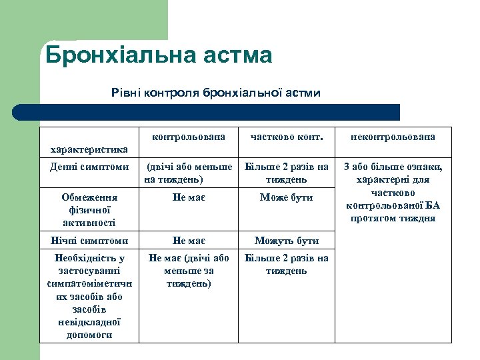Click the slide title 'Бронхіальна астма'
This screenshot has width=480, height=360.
pos(159,55)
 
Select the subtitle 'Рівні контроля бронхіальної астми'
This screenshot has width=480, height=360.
pos(216,93)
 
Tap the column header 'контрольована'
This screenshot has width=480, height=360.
pos(189,137)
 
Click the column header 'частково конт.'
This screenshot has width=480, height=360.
pos(287,137)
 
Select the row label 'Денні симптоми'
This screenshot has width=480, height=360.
pos(89,167)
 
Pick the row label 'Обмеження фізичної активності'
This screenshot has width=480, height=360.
pos(89,210)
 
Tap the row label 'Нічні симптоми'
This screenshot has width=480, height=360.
pos(89,241)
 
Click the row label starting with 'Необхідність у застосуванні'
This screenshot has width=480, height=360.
pos(89,296)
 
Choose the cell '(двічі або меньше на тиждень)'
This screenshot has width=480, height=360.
pos(189,173)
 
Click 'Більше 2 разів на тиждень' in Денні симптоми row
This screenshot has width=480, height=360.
pos(287,173)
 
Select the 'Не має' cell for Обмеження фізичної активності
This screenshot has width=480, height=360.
pos(189,198)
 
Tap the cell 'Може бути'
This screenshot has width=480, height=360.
pos(287,198)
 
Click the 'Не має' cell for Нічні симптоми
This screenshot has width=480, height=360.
pos(189,241)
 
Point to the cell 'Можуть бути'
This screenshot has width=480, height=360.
pos(287,241)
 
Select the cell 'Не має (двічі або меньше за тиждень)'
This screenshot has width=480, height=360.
pos(189,271)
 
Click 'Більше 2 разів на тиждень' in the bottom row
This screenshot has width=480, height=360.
pos(287,265)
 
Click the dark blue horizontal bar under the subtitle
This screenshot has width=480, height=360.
pos(207,112)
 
